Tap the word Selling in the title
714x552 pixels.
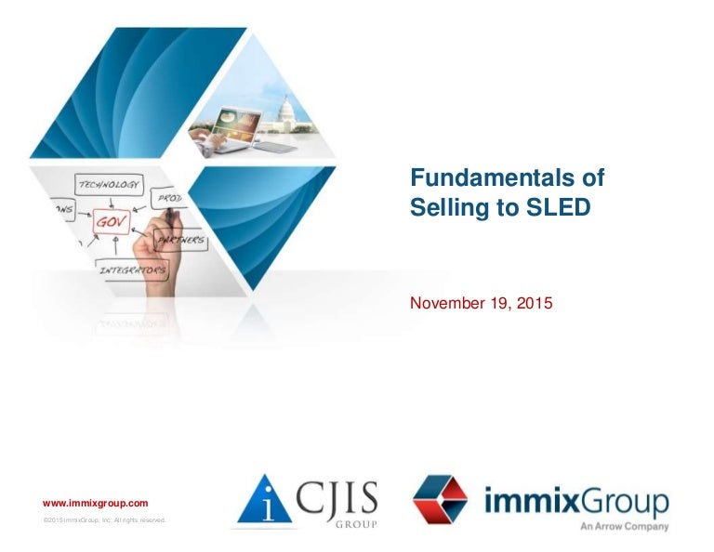(x=443, y=209)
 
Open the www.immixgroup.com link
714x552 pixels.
(x=96, y=502)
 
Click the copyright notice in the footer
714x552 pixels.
(x=104, y=520)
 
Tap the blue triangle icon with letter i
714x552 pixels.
(x=259, y=502)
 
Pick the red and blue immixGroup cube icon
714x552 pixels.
(x=442, y=502)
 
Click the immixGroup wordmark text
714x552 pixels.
(x=576, y=503)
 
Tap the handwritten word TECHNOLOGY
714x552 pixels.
(x=108, y=184)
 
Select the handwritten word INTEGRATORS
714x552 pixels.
(x=134, y=270)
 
